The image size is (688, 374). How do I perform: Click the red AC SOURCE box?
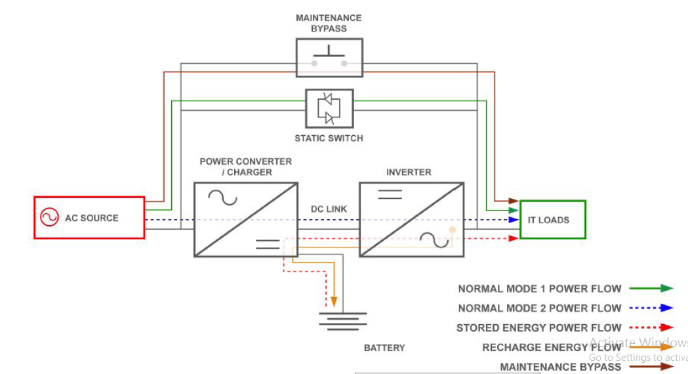(89, 217)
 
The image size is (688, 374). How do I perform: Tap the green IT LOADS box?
(552, 220)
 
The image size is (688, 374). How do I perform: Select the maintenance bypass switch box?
(329, 57)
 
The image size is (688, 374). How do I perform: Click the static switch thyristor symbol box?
(329, 108)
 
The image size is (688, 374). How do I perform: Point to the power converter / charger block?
(246, 220)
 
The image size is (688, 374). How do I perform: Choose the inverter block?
(412, 220)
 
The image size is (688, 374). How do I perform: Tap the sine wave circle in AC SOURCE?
(49, 217)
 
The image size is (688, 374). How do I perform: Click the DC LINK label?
(329, 209)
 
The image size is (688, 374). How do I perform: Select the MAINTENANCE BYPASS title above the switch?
(329, 23)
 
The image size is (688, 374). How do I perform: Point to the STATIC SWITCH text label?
(329, 138)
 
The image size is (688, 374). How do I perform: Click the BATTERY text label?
(384, 348)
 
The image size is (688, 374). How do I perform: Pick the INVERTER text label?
(409, 172)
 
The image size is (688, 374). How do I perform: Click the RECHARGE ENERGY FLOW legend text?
(552, 348)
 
